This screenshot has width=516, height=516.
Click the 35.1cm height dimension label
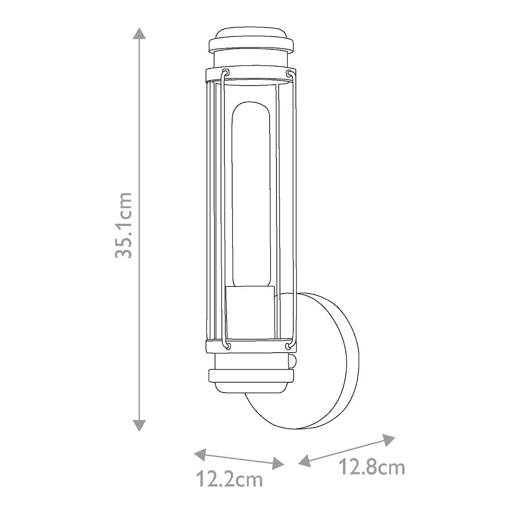click(x=123, y=225)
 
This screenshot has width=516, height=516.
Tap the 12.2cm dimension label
click(x=229, y=479)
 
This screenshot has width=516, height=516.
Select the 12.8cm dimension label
click(x=372, y=467)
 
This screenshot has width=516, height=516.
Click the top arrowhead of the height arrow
click(x=138, y=34)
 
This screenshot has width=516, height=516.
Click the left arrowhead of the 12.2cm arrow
click(x=199, y=453)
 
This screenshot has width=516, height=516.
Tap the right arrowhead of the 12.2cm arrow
click(x=279, y=463)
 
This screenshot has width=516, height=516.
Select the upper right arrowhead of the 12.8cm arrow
click(x=389, y=439)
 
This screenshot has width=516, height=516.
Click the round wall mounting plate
click(x=327, y=361)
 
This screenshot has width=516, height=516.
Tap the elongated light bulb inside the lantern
click(x=251, y=193)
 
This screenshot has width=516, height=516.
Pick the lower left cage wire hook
click(x=226, y=344)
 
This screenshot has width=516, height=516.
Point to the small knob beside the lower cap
click(x=292, y=361)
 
